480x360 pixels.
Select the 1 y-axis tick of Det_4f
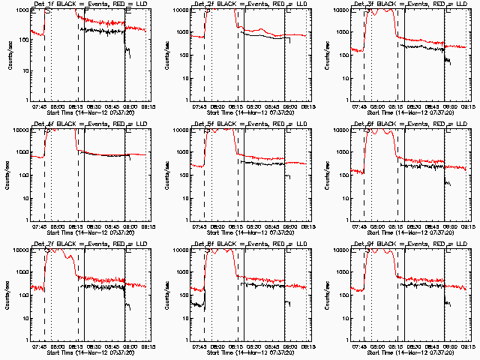[x=25, y=220]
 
